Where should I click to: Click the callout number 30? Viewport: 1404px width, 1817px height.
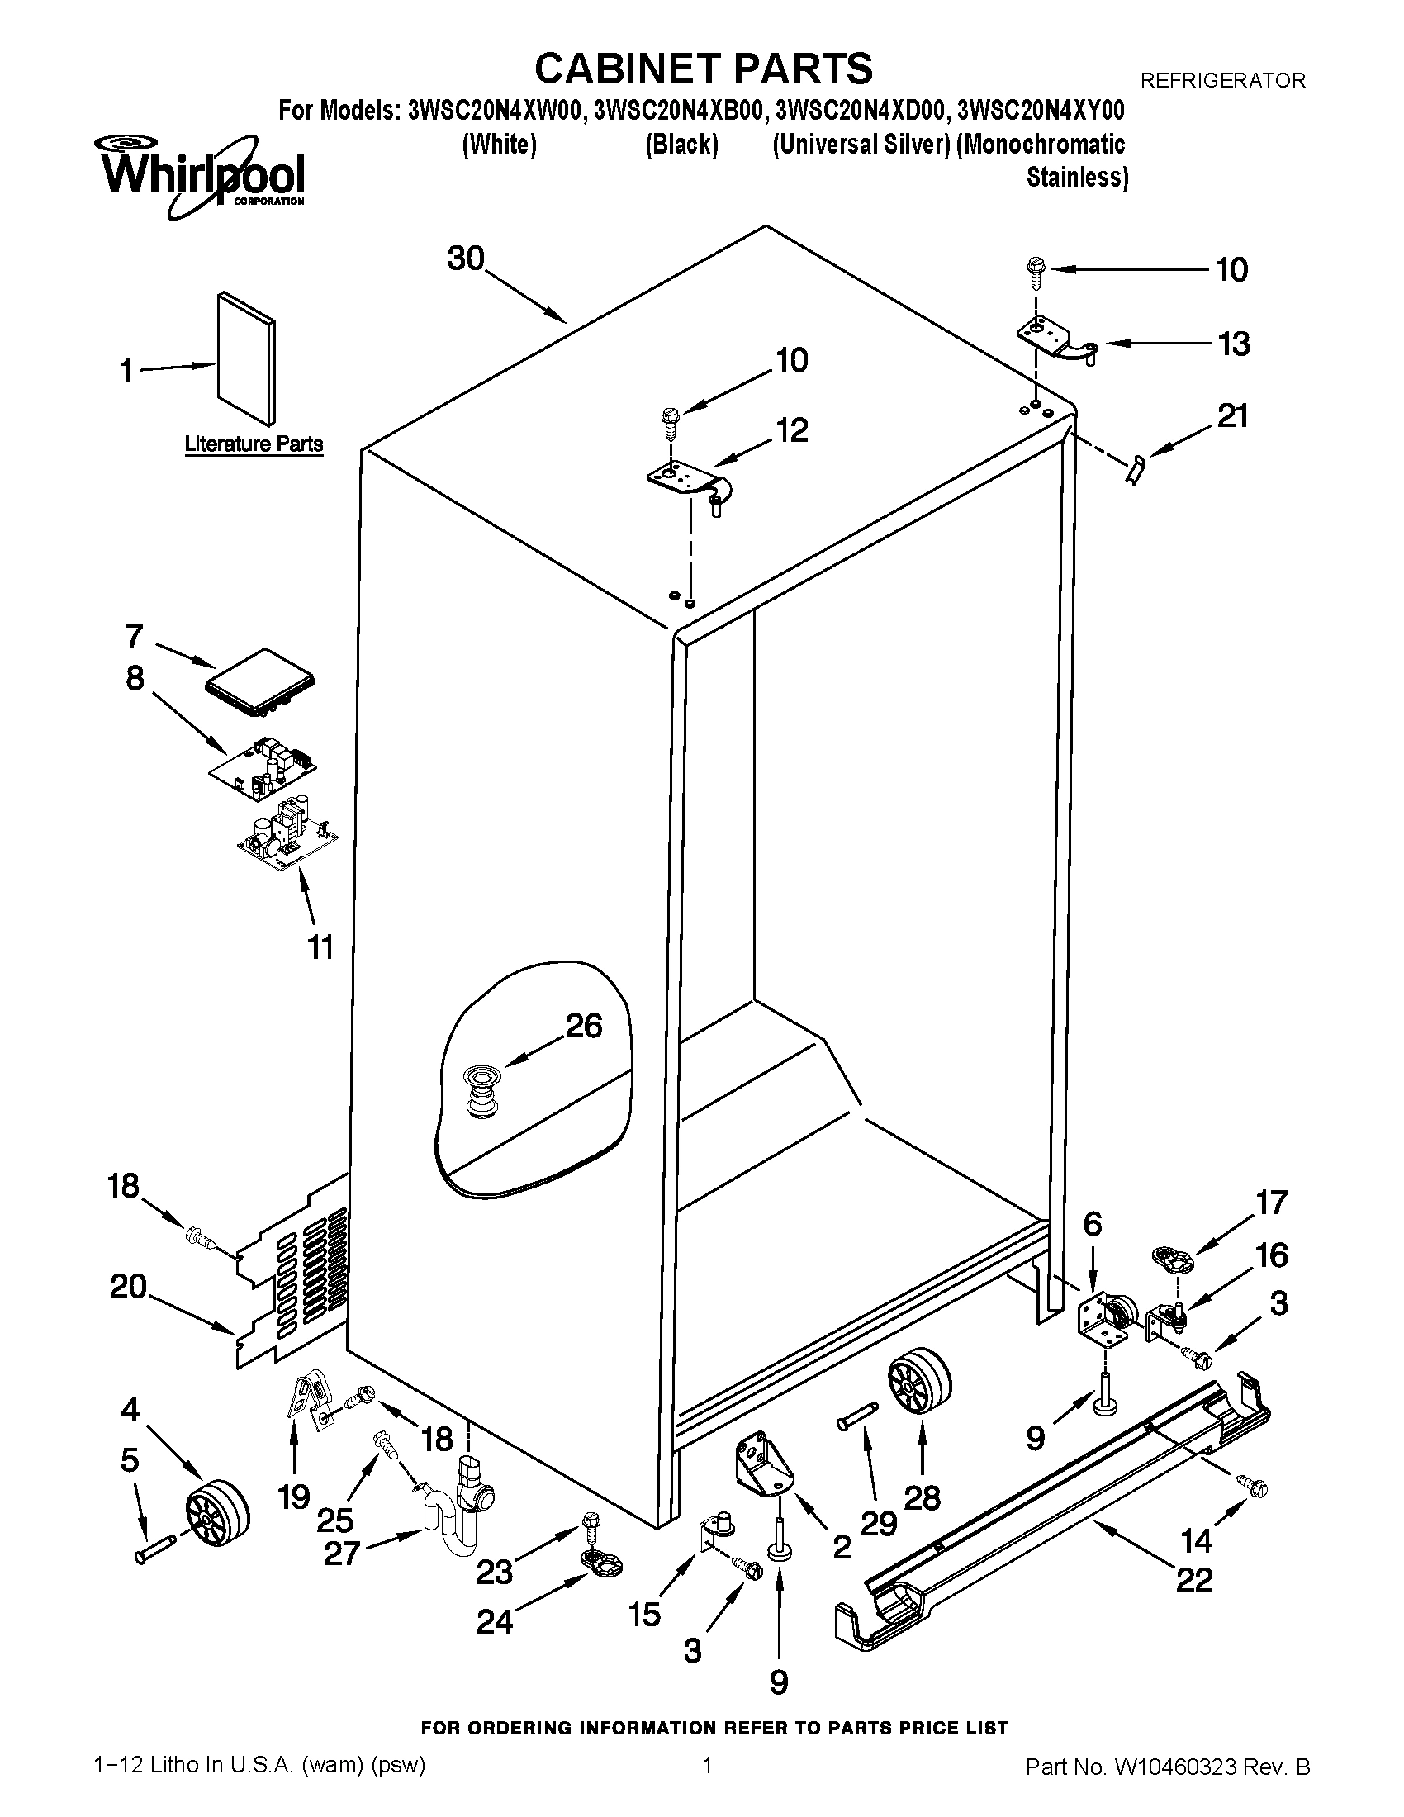[x=466, y=259]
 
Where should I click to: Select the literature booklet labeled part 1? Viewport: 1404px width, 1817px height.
[x=246, y=358]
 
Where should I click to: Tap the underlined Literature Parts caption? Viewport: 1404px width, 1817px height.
[x=254, y=444]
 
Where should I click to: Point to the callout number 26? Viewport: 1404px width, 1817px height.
[x=583, y=1026]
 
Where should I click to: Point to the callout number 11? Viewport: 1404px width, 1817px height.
[x=320, y=946]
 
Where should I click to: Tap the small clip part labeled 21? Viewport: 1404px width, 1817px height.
[x=1136, y=470]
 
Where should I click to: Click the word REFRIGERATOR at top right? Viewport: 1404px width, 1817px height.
[x=1221, y=81]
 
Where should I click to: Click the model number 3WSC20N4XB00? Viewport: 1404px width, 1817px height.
[x=678, y=111]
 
